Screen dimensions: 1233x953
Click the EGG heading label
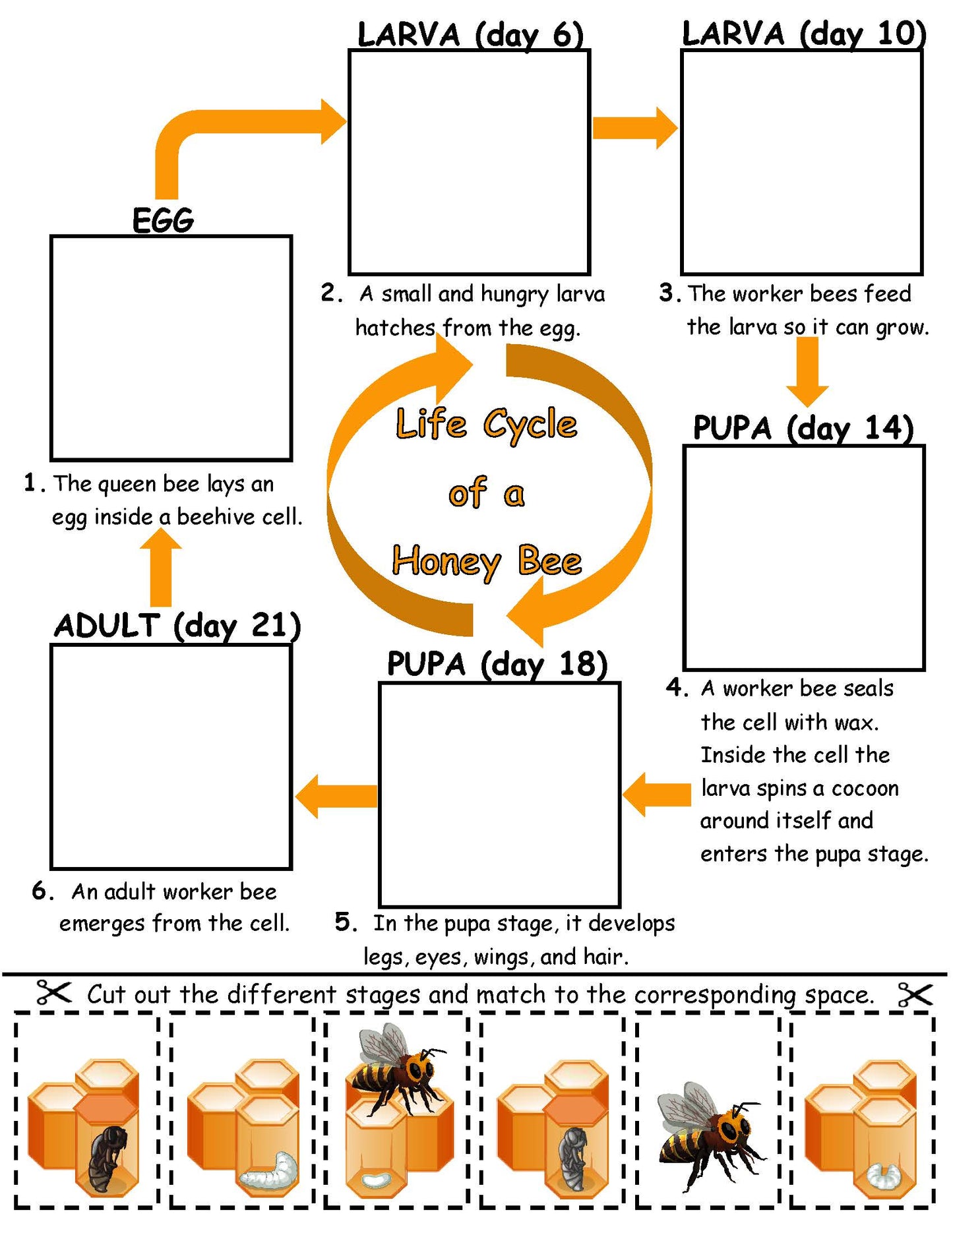pos(163,220)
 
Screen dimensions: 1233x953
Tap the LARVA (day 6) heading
pos(470,34)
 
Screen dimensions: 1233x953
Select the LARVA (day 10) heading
pos(803,33)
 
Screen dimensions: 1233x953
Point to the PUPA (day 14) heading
pos(803,429)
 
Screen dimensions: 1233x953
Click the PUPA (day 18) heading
pos(497,664)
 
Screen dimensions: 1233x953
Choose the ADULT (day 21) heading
pos(177,626)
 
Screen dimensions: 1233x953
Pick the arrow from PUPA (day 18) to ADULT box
pos(336,797)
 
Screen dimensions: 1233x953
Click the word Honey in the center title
pos(446,562)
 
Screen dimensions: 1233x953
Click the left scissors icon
pos(53,993)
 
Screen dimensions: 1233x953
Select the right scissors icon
pos(915,994)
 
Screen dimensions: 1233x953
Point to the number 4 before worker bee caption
pos(676,688)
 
